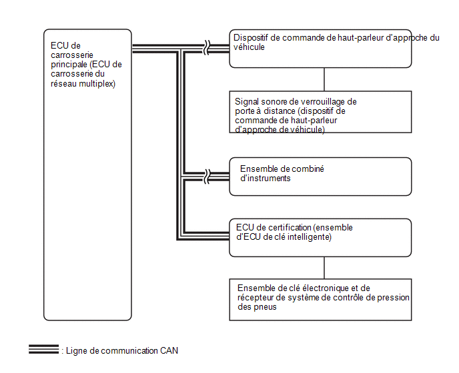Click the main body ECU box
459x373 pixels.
click(87, 175)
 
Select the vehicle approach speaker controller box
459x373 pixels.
click(320, 49)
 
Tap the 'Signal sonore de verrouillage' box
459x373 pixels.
click(320, 112)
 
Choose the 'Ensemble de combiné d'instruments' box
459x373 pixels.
click(320, 177)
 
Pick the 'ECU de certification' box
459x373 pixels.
click(320, 238)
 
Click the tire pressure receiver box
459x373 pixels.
click(320, 300)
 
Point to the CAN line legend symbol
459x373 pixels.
click(43, 349)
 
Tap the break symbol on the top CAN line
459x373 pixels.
click(207, 48)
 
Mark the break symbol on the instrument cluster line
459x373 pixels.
click(207, 177)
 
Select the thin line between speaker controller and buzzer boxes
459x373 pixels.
click(324, 79)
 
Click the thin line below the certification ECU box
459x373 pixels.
click(324, 268)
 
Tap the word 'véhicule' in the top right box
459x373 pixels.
click(249, 47)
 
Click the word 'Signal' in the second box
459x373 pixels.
click(247, 102)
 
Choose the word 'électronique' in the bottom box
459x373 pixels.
click(325, 288)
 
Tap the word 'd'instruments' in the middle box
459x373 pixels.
click(266, 178)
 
